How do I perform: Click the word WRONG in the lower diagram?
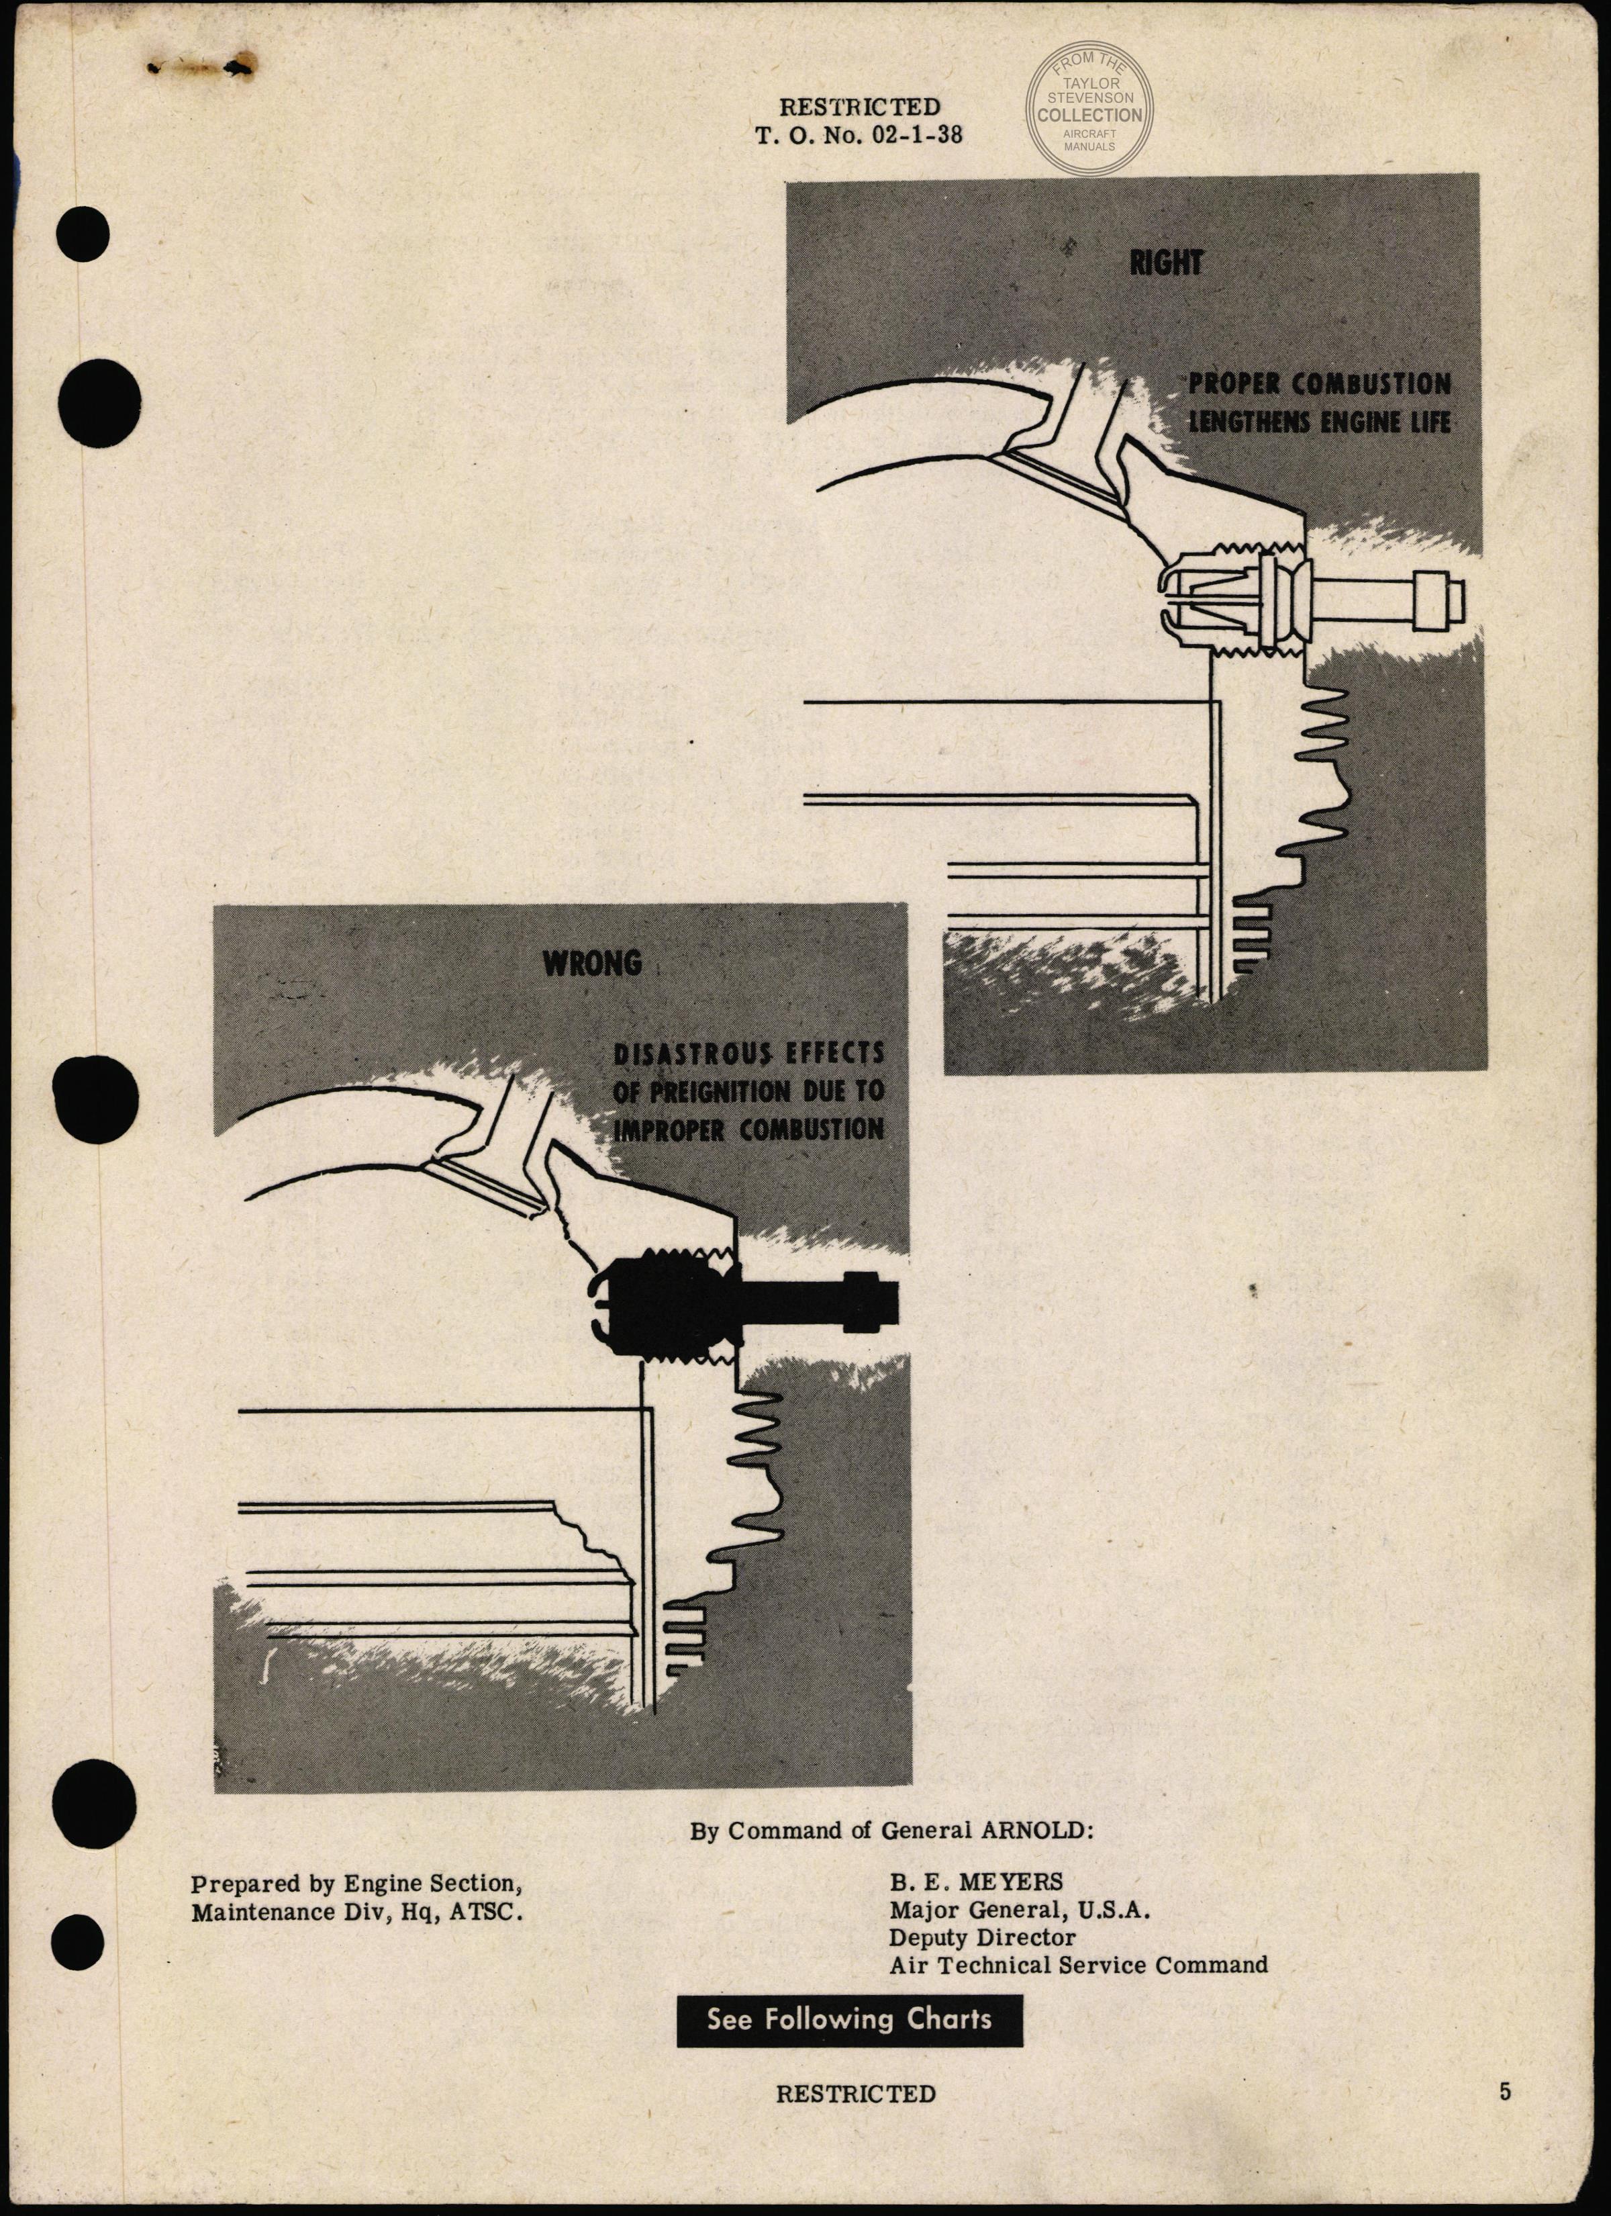coord(592,964)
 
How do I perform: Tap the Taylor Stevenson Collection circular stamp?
coord(1088,109)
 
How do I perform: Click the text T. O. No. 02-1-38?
coord(859,136)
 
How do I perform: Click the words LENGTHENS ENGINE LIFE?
coord(1319,422)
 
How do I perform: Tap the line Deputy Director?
coord(982,1937)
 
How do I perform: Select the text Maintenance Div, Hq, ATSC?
coord(356,1912)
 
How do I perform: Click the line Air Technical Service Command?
coord(1077,1964)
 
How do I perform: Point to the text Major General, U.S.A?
coord(1019,1909)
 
